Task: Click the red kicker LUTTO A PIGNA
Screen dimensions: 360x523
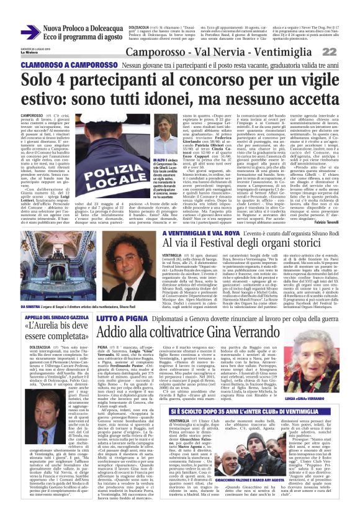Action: click(121, 317)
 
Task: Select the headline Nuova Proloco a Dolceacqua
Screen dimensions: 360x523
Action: click(83, 28)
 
